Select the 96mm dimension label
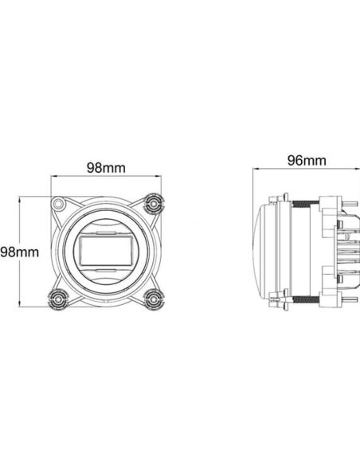[x=306, y=160]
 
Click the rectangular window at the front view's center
[x=105, y=251]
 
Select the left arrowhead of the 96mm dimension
[x=256, y=169]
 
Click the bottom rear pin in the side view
[x=348, y=299]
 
